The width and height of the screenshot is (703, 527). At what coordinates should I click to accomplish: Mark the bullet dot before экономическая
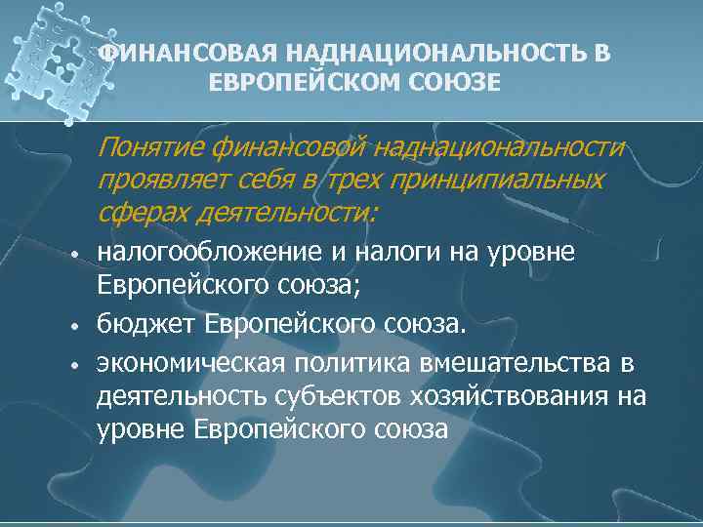click(74, 365)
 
